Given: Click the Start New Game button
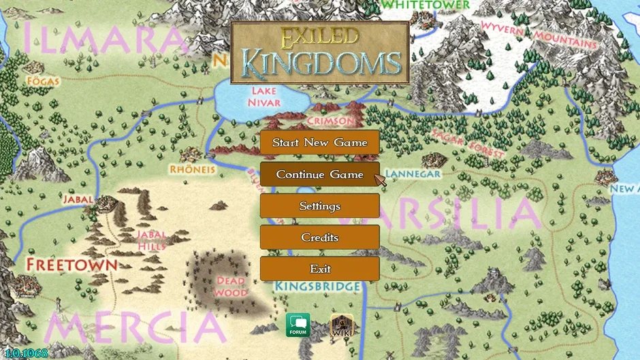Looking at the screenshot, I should pos(319,143).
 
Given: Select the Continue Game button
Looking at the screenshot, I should pos(319,175).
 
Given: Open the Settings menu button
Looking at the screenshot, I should pos(319,206).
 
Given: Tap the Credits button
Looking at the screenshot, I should pos(319,238).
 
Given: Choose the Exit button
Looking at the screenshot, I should pos(319,269).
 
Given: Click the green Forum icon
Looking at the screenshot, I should pos(298,325).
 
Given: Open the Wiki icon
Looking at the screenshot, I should pos(341,325).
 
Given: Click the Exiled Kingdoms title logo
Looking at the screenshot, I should pos(320,52).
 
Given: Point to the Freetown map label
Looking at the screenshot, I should pos(71,264).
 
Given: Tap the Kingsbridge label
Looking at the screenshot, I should pos(317,287).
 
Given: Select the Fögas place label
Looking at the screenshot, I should pos(43,82).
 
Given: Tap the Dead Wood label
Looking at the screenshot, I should pos(231,287).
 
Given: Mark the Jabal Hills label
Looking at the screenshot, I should pos(151,240).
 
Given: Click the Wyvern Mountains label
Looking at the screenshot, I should pos(539,34).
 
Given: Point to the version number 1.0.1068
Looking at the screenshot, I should pos(25,353).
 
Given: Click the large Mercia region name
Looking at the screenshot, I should pos(136,328).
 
